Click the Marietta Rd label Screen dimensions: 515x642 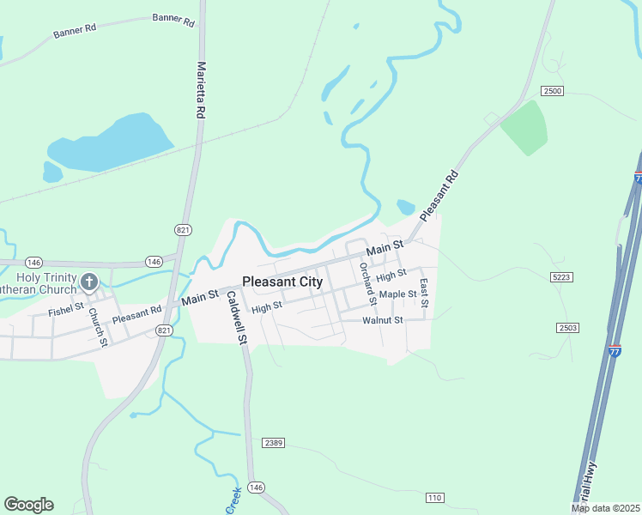(x=202, y=89)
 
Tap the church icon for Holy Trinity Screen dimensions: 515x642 (x=88, y=282)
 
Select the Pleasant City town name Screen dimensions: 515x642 (x=282, y=281)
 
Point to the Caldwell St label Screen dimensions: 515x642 (x=238, y=318)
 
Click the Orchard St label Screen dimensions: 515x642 (x=368, y=283)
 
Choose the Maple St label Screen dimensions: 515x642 (x=397, y=294)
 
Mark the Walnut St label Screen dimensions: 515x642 (x=382, y=320)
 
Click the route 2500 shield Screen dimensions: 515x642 (x=552, y=90)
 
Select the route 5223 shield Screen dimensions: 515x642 (x=562, y=276)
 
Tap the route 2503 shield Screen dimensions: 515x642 (x=567, y=328)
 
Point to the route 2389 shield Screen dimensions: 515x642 (x=274, y=442)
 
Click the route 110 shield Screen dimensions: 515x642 (x=434, y=498)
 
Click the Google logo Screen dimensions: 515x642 (x=28, y=505)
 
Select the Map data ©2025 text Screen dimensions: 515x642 (x=606, y=508)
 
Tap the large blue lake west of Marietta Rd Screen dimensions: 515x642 (x=112, y=143)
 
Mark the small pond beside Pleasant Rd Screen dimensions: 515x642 (x=405, y=207)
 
